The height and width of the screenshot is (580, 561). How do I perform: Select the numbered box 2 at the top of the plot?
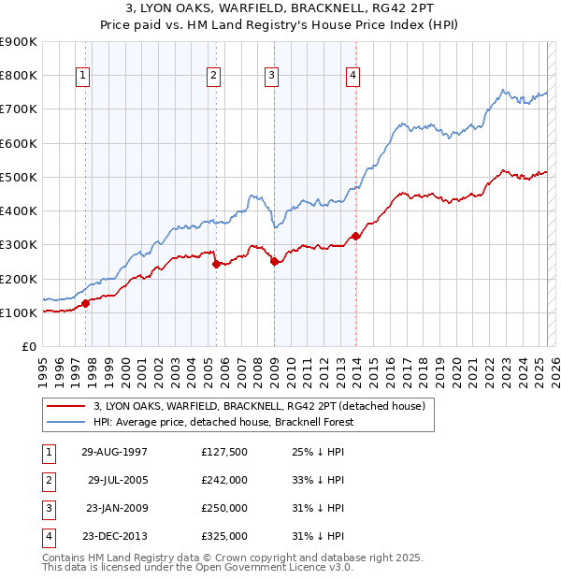point(214,76)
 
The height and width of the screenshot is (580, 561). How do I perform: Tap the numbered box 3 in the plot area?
point(271,76)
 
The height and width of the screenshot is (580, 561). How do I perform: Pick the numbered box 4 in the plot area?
point(353,76)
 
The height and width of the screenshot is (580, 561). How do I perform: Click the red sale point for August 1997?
point(85,303)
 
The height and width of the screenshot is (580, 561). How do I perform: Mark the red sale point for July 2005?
point(216,264)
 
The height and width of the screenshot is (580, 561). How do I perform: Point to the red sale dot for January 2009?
point(274,262)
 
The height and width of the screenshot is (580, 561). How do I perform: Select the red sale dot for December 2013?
point(355,236)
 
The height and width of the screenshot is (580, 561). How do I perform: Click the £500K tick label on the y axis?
point(19,177)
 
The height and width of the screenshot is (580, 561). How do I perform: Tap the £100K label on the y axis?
point(19,312)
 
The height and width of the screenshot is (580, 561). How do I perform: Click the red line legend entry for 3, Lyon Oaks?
point(260,406)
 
